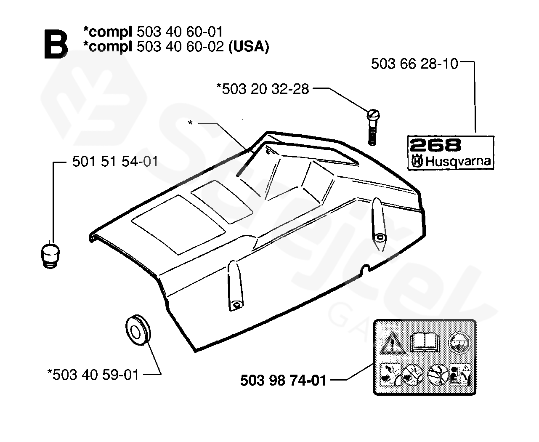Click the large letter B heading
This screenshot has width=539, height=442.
[56, 44]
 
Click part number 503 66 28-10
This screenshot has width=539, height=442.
[414, 64]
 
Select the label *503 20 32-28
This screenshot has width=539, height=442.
[263, 89]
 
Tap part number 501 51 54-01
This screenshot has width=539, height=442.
[115, 162]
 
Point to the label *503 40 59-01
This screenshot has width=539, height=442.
[93, 375]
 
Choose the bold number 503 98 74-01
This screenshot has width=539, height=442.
[283, 381]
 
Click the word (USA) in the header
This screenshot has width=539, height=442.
[248, 47]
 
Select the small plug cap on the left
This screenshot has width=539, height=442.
[50, 256]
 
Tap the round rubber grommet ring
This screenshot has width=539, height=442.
[138, 330]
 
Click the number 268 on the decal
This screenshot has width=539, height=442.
[435, 145]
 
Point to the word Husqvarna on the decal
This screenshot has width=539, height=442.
[458, 161]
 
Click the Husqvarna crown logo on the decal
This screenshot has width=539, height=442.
[417, 162]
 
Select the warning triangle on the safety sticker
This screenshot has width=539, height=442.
[392, 343]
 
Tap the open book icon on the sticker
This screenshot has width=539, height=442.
[425, 342]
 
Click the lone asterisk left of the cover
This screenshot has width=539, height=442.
[190, 123]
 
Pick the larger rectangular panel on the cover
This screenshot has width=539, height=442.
[178, 225]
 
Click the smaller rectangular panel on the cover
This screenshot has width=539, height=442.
[222, 202]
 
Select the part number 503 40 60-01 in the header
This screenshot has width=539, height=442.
[180, 32]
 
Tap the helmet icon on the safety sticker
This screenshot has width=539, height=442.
[459, 343]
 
